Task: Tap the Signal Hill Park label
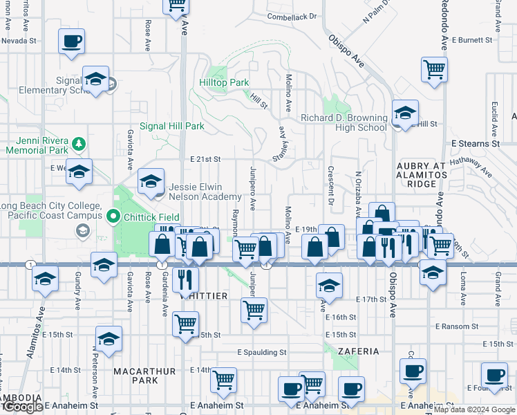point(172,127)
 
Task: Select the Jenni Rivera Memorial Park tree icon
point(80,143)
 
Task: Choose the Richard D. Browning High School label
point(344,122)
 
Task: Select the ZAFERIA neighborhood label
point(358,351)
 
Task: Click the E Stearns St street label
point(475,144)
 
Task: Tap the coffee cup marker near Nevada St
point(71,41)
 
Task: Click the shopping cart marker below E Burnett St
point(433,69)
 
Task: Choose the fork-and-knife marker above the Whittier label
point(185,279)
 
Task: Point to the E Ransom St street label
point(456,326)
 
